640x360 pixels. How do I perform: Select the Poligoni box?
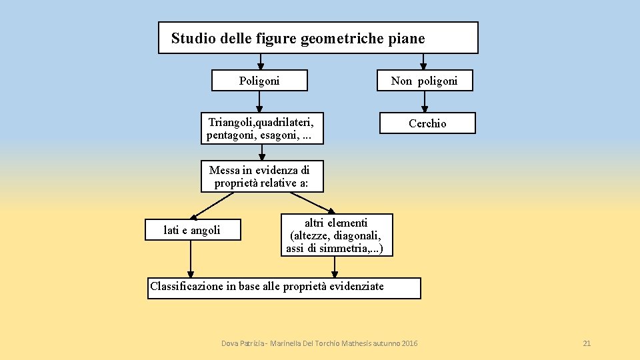coord(259,81)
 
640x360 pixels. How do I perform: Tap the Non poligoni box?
coord(424,81)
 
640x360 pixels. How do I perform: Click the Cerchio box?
coord(427,123)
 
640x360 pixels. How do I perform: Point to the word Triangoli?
coord(231,122)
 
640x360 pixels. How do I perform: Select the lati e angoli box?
coord(192,230)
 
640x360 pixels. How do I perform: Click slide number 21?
coord(587,343)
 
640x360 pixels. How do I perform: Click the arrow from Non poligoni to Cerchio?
coord(425,101)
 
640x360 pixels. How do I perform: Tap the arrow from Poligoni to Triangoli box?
coord(259,101)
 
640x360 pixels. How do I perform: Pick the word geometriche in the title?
coord(341,39)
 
